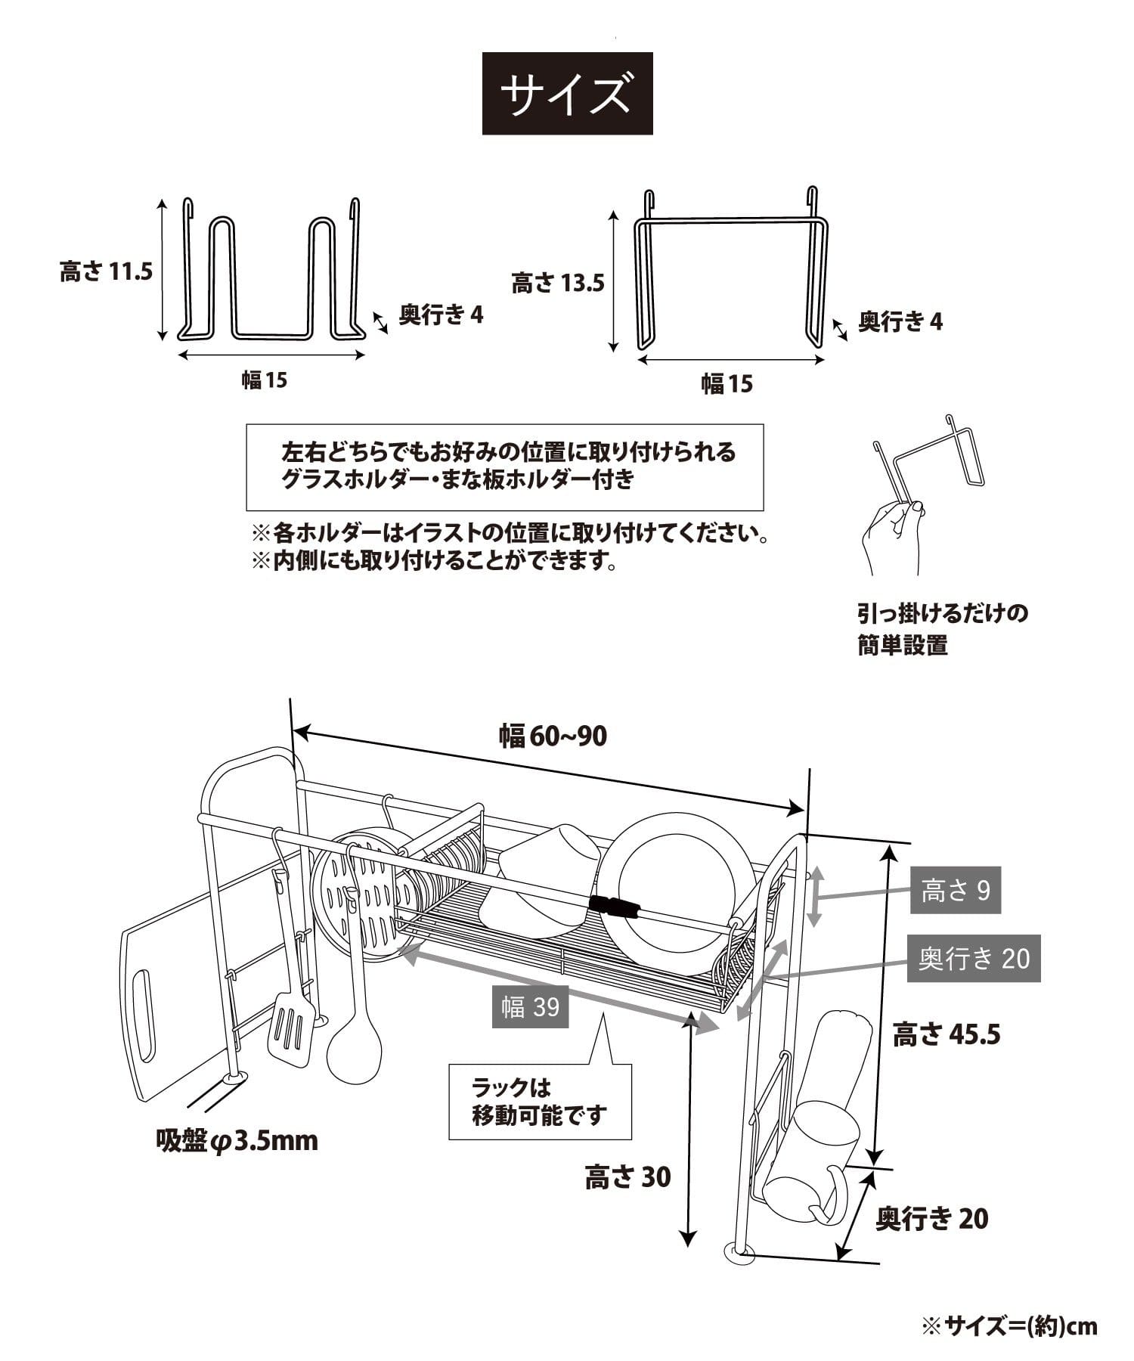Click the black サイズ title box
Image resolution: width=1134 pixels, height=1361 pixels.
pyautogui.click(x=567, y=94)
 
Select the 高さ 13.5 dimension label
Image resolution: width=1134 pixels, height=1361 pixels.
pyautogui.click(x=558, y=284)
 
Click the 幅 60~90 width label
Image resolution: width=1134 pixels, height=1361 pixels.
pyautogui.click(x=553, y=736)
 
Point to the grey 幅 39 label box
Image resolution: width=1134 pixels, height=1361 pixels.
pyautogui.click(x=530, y=1006)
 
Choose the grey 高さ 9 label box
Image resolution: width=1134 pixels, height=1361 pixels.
pyautogui.click(x=955, y=890)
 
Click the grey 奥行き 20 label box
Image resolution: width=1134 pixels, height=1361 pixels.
pyautogui.click(x=974, y=959)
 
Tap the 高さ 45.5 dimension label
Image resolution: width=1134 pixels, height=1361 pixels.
pyautogui.click(x=947, y=1034)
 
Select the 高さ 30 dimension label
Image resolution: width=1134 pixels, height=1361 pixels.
pyautogui.click(x=627, y=1177)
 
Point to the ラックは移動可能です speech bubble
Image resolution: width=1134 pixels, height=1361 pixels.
pyautogui.click(x=540, y=1102)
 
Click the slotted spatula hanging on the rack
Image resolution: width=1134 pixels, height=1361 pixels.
pyautogui.click(x=291, y=1026)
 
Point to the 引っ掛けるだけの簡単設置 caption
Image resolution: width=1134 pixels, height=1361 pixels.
pyautogui.click(x=942, y=628)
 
